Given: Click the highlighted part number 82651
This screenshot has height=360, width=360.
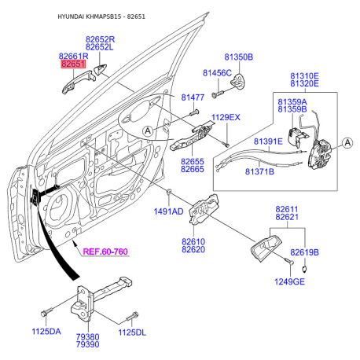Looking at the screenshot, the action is (x=73, y=64).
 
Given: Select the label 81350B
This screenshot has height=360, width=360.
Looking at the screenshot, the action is (x=239, y=57).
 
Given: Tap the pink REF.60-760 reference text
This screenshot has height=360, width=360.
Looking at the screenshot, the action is (x=105, y=252).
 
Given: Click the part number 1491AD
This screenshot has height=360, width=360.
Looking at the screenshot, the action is (x=168, y=211).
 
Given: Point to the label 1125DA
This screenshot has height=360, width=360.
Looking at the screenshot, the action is (x=46, y=332).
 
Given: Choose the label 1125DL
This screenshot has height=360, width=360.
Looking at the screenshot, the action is (x=132, y=332).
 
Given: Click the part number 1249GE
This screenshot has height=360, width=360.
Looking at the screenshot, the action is (x=289, y=281).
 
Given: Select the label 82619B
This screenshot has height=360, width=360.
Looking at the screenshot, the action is (x=304, y=252).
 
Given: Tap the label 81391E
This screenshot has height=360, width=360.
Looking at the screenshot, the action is (x=268, y=141).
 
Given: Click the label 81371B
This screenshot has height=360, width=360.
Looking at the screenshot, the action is (x=259, y=171).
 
